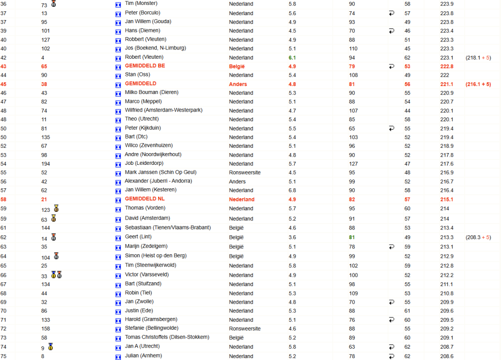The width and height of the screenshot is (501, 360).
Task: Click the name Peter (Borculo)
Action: [x=142, y=13]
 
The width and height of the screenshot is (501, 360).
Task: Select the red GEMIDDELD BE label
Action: [x=145, y=66]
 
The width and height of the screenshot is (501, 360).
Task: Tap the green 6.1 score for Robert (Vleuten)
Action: [x=292, y=57]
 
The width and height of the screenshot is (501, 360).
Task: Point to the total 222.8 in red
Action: [x=446, y=67]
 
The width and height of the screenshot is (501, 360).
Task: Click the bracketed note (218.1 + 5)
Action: [x=478, y=57]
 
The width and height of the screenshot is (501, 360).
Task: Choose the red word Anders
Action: [x=238, y=84]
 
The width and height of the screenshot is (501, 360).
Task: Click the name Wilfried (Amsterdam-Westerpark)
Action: [x=163, y=111]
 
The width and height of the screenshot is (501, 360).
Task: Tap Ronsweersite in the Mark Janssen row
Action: [x=245, y=173]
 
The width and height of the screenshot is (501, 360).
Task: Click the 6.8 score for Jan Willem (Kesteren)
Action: [x=292, y=190]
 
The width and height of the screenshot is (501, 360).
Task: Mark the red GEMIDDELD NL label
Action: [x=145, y=199]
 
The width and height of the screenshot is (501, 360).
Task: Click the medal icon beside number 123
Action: [x=56, y=209]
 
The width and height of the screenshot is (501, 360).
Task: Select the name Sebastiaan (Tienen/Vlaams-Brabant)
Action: [x=168, y=227]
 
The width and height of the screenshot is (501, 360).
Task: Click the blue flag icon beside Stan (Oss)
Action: [x=118, y=75]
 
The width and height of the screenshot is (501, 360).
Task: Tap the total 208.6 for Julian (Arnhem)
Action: [x=446, y=356]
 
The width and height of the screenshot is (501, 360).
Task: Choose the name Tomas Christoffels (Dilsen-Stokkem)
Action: [x=167, y=337]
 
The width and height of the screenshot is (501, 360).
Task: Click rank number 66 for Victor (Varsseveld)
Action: [x=3, y=275]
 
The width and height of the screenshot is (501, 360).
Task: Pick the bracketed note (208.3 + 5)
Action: [x=478, y=237]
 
